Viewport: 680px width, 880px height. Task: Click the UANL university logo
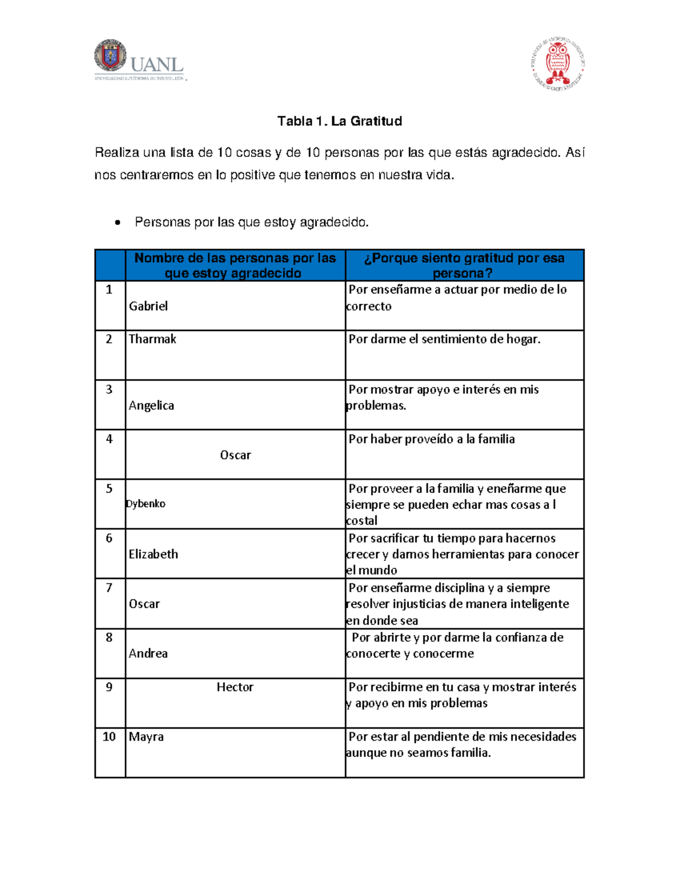139,61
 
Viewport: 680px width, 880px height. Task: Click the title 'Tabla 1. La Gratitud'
339,121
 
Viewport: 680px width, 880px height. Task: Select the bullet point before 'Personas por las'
117,223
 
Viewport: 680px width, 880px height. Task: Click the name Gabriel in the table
148,307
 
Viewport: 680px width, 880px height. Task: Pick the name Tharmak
152,339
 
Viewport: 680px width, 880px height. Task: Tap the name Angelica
151,406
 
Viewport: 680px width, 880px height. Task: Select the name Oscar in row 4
235,455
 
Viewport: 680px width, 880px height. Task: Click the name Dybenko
146,504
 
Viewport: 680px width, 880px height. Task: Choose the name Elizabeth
153,554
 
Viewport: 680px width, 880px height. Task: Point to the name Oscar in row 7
144,604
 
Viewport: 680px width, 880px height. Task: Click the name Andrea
148,653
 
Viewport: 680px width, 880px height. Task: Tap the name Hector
235,687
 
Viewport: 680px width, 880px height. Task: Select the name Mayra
146,737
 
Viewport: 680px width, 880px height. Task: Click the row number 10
109,737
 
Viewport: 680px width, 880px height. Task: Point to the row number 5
109,488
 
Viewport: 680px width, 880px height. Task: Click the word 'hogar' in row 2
522,339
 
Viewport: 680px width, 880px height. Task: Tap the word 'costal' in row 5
362,521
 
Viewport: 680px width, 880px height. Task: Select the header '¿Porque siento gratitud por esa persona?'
464,265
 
